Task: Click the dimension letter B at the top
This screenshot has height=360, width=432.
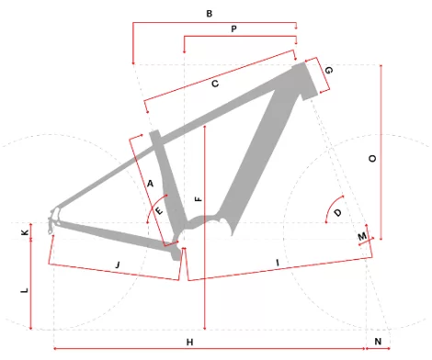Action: click(x=210, y=14)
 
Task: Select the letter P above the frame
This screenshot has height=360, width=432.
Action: click(x=233, y=29)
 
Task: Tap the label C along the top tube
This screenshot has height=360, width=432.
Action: click(x=215, y=84)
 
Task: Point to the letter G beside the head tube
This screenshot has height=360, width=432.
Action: click(x=328, y=71)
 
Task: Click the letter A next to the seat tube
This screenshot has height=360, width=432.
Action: click(x=150, y=184)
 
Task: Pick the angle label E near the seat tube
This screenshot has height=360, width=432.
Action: click(x=159, y=211)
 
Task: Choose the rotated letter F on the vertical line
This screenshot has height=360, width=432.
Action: click(x=199, y=199)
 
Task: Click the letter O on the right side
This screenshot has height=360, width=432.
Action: click(x=372, y=158)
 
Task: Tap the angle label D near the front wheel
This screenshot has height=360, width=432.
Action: click(x=337, y=213)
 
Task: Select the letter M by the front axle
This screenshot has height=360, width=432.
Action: click(x=362, y=236)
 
